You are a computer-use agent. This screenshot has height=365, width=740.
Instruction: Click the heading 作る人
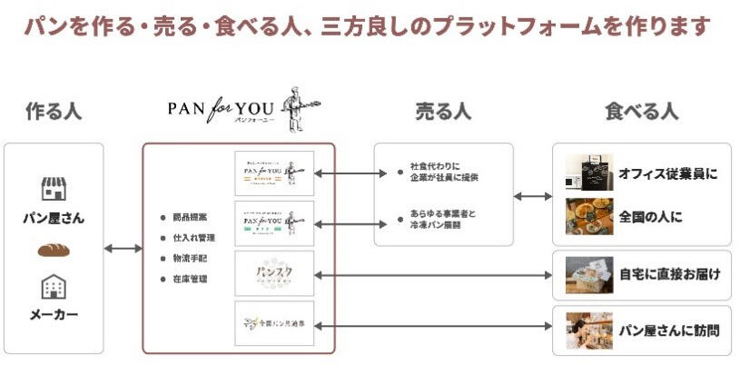coord(53,112)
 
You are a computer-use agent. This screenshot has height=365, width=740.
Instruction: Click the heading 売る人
coord(443,112)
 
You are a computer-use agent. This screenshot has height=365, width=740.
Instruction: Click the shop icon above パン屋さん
coord(54,188)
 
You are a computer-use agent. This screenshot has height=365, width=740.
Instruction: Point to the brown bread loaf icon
coord(54,250)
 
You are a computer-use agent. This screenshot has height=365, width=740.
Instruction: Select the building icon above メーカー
coord(54,288)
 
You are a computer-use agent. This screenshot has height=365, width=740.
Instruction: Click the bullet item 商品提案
coord(189,217)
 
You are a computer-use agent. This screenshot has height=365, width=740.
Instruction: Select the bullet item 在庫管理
coord(189,279)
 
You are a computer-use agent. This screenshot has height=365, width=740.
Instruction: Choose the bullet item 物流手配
coord(189,259)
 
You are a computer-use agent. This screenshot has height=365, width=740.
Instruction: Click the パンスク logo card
coord(274,273)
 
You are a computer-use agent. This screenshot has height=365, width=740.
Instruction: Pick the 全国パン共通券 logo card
coord(274,323)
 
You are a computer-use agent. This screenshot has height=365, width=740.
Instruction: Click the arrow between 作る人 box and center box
coord(123,248)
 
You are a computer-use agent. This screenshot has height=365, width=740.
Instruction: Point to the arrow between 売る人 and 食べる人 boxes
coord(533,195)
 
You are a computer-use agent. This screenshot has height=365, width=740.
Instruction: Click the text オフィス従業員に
coord(667,173)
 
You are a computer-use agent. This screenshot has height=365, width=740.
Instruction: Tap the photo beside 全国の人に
coord(584,216)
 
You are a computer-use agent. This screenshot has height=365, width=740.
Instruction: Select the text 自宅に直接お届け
coord(670,272)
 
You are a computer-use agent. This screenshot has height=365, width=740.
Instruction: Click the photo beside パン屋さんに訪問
coord(584,330)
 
